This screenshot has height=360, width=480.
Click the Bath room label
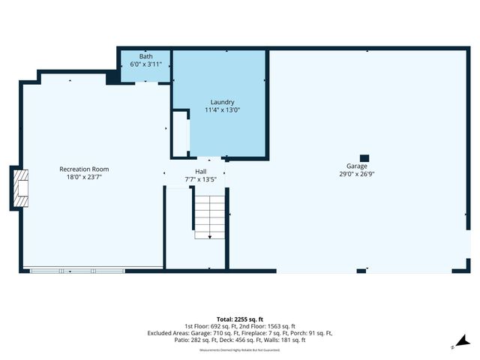pyautogui.click(x=145, y=56)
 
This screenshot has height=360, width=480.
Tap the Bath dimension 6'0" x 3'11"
pyautogui.click(x=145, y=64)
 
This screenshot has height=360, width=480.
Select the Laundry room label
pyautogui.click(x=222, y=102)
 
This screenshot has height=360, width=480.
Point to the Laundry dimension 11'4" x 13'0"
pyautogui.click(x=222, y=110)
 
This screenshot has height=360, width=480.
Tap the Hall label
pyautogui.click(x=200, y=172)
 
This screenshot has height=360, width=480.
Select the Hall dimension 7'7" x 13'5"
pyautogui.click(x=200, y=180)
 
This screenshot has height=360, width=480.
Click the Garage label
pyautogui.click(x=356, y=166)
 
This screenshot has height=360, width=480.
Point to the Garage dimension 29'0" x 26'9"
pyautogui.click(x=356, y=174)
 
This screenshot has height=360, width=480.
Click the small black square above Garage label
pyautogui.click(x=364, y=148)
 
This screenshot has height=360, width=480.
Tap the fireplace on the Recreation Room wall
pyautogui.click(x=21, y=187)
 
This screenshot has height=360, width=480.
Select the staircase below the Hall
pyautogui.click(x=210, y=216)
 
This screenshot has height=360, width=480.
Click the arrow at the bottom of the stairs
pyautogui.click(x=210, y=236)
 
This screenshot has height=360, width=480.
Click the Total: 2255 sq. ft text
pyautogui.click(x=239, y=319)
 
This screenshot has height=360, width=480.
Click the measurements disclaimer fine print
pyautogui.click(x=239, y=350)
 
